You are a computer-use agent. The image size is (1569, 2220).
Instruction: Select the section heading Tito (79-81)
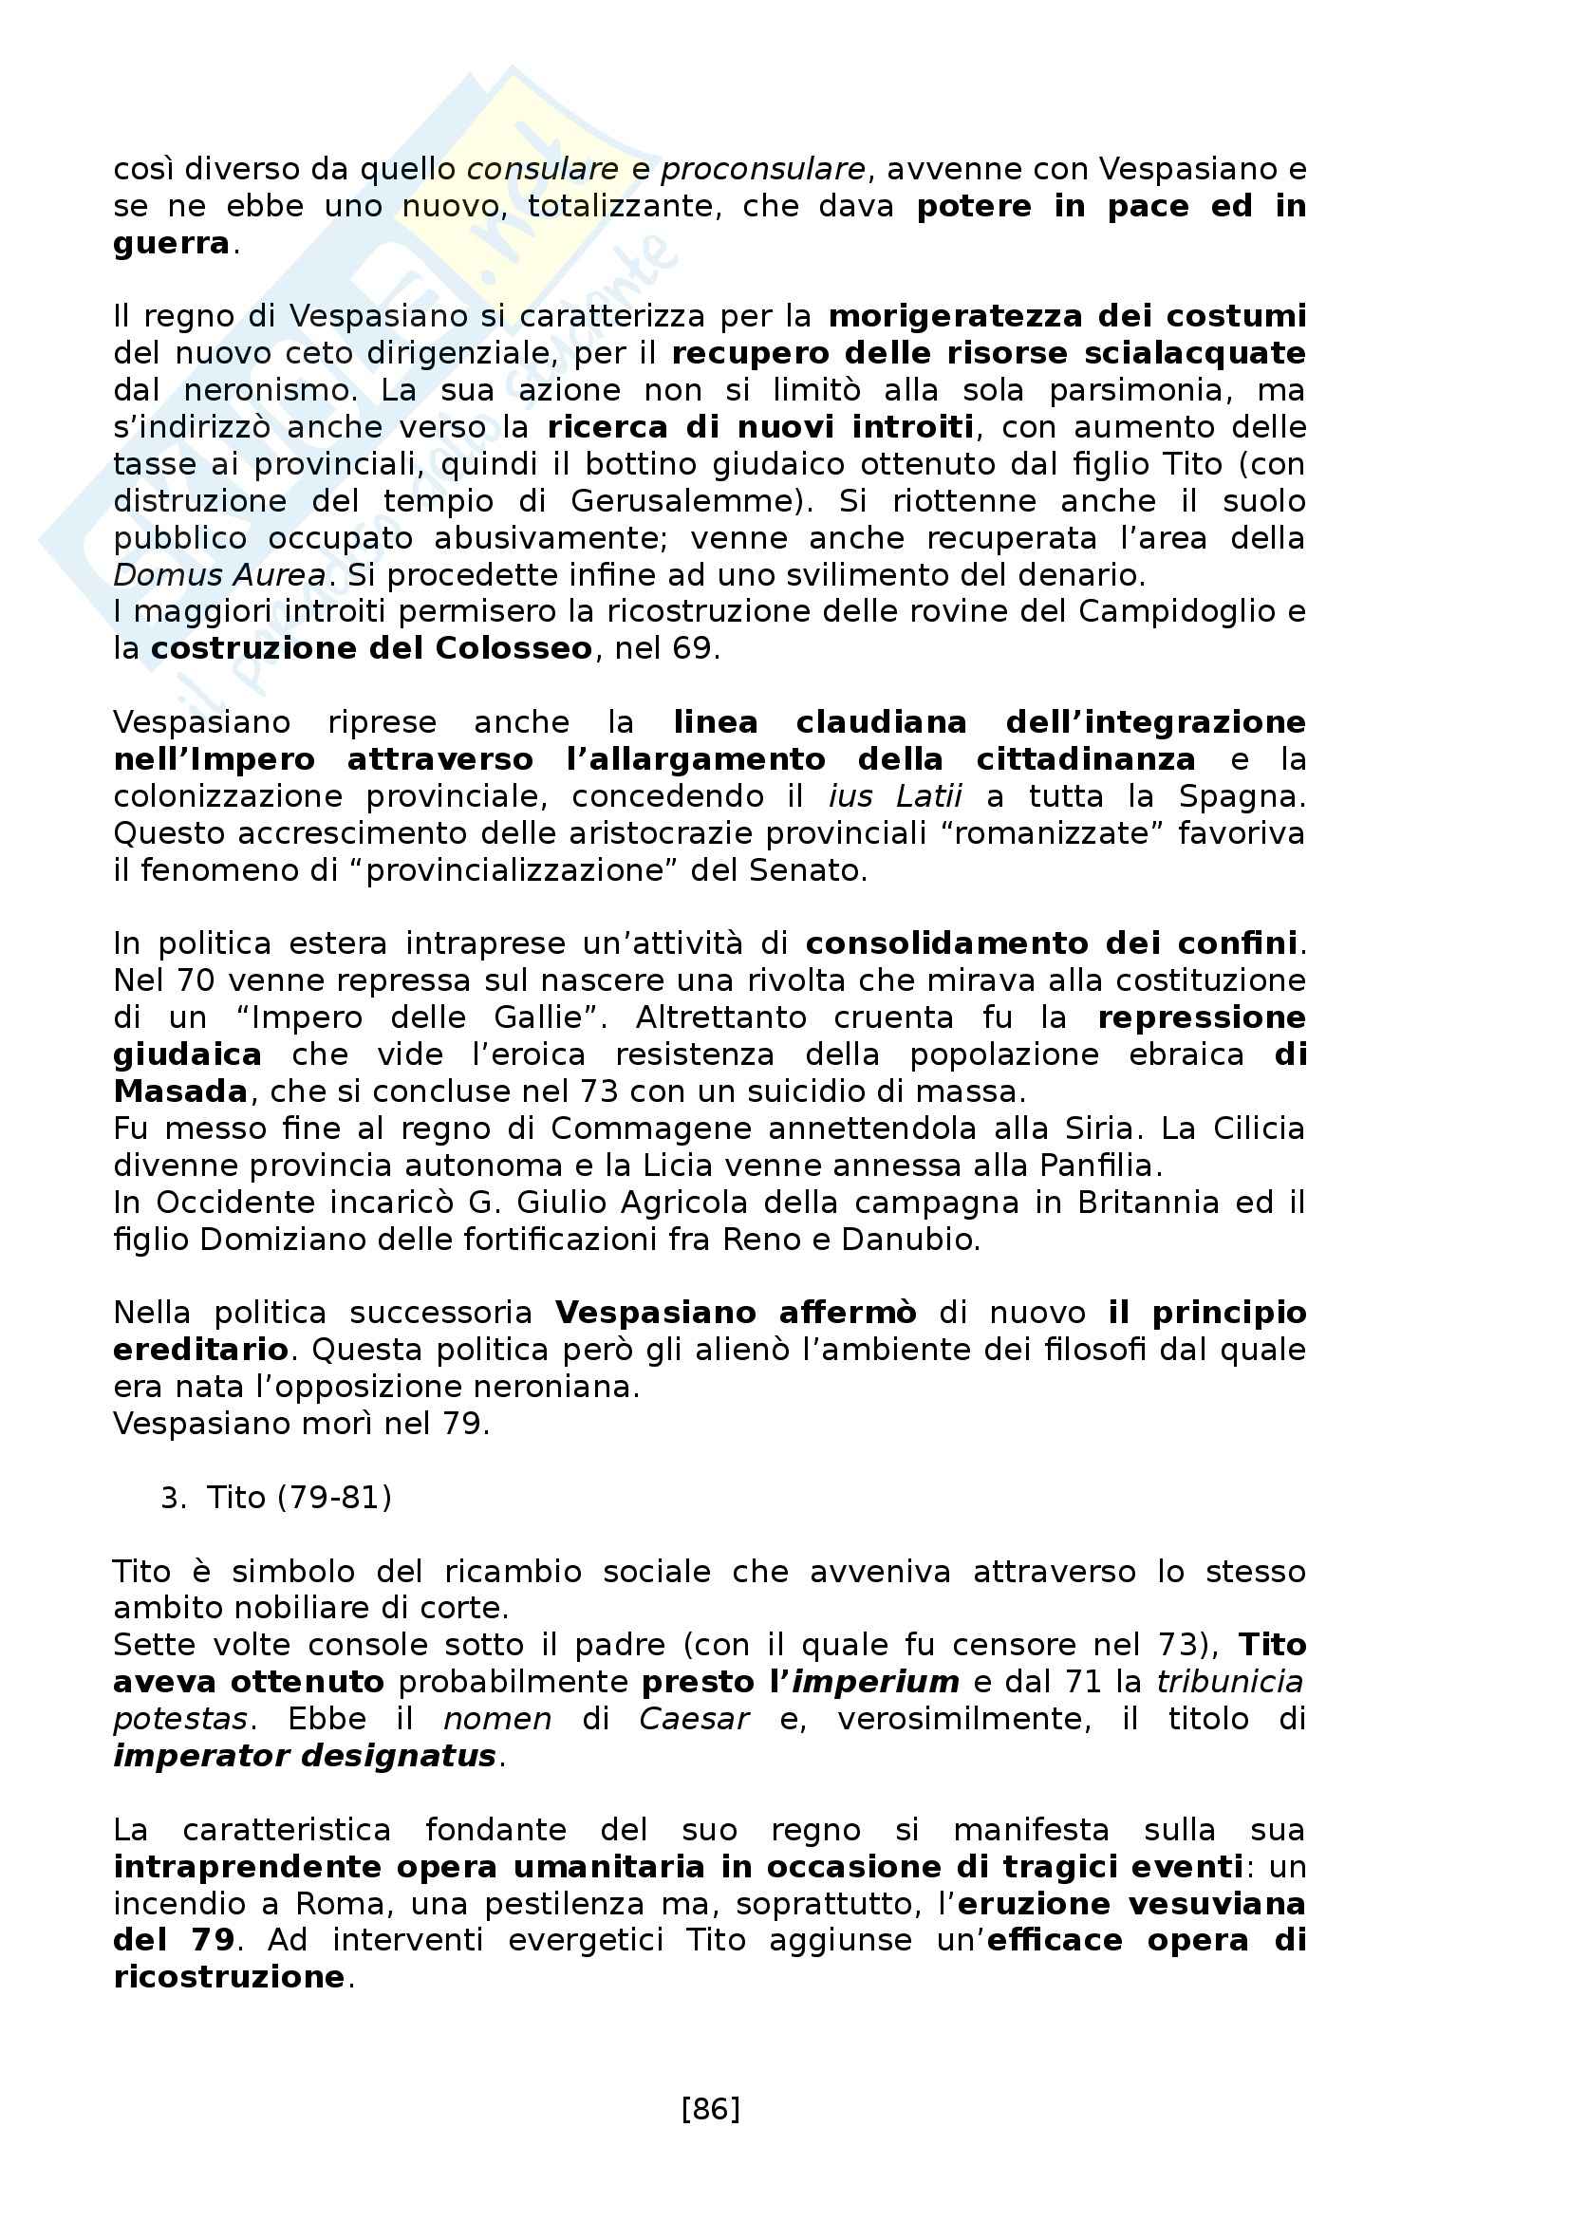pos(299,1498)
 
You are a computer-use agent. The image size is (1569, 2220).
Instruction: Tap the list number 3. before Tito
pos(173,1498)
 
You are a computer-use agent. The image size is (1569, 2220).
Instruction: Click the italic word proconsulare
pos(763,169)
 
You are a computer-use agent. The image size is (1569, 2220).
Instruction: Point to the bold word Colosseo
pos(514,648)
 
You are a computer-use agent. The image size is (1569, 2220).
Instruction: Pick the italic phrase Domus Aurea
pos(219,575)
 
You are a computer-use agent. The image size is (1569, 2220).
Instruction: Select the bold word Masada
pos(180,1091)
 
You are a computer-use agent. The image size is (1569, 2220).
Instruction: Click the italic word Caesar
pos(693,1719)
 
